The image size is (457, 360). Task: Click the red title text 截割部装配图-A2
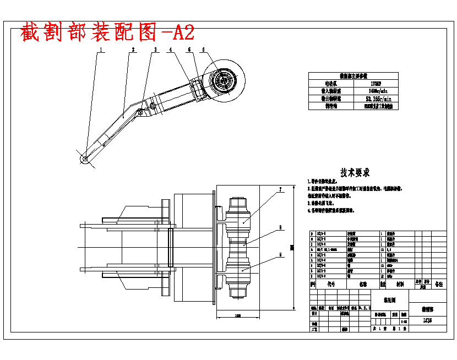pyautogui.click(x=107, y=33)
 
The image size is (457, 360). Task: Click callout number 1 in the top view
pyautogui.click(x=101, y=50)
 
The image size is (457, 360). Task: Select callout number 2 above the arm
pyautogui.click(x=133, y=50)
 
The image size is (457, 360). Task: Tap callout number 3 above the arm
pyautogui.click(x=156, y=50)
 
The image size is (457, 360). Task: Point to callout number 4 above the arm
pyautogui.click(x=171, y=50)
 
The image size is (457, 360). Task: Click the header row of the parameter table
pyautogui.click(x=353, y=77)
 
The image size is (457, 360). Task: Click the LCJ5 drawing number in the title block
pyautogui.click(x=427, y=320)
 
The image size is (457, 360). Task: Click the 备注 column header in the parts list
pyautogui.click(x=438, y=284)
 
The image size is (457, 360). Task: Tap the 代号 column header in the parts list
pyautogui.click(x=331, y=285)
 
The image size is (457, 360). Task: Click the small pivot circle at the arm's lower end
pyautogui.click(x=85, y=159)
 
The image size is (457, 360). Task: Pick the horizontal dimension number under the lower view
pyautogui.click(x=237, y=316)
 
